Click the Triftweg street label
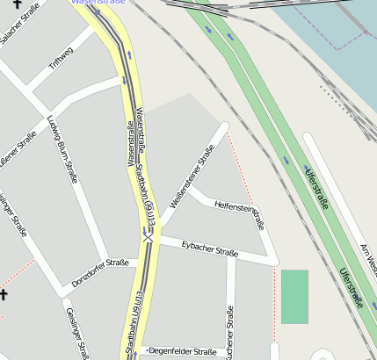coord(61,57)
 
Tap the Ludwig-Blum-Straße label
coord(62,148)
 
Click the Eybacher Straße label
coord(210,248)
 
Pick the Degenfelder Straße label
coord(184,350)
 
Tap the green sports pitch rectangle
coord(294,296)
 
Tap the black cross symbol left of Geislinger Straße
coord(4,295)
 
